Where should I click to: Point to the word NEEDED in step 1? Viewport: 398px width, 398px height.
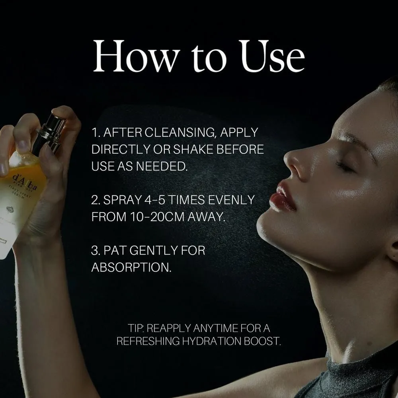point(162,166)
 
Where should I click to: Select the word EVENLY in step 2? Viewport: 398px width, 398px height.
point(231,200)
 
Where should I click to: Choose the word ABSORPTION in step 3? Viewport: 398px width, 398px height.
point(131,267)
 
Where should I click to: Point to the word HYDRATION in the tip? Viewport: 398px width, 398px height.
point(212,341)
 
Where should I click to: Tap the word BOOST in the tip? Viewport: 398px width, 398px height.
point(262,341)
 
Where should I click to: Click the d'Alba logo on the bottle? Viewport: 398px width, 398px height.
point(25,182)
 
